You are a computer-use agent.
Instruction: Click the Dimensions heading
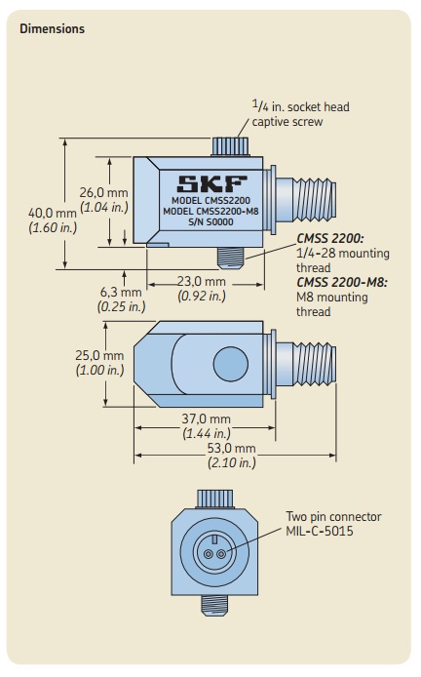click(x=52, y=28)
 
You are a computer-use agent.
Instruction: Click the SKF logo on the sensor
click(x=212, y=183)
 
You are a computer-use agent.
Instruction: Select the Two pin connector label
click(x=333, y=517)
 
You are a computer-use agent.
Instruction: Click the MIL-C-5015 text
click(x=319, y=532)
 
